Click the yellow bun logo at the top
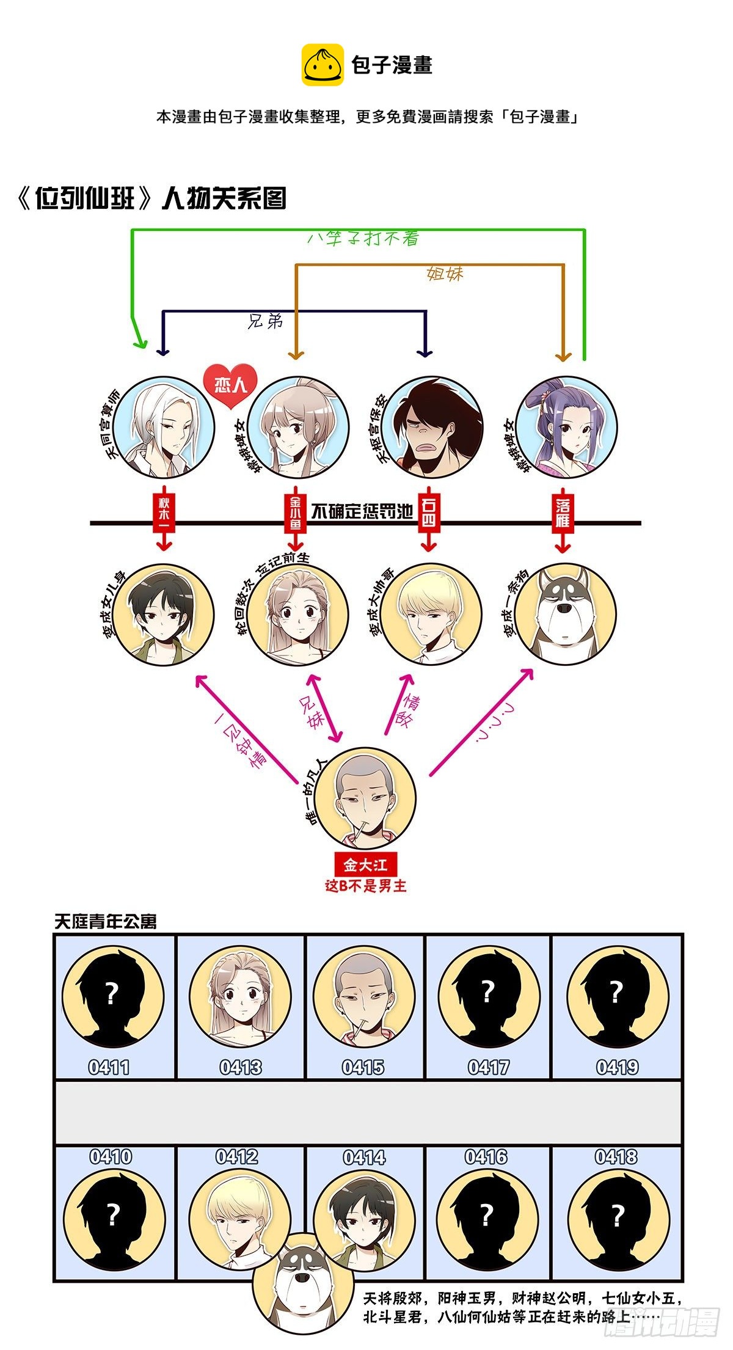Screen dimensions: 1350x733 click(x=323, y=65)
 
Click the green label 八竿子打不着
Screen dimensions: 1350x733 click(x=363, y=238)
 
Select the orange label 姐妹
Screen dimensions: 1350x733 click(x=445, y=274)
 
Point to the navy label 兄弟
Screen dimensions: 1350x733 click(x=266, y=321)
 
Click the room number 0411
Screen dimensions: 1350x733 click(x=109, y=1067)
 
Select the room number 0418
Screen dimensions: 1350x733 click(x=616, y=1156)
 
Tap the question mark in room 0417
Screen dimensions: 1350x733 click(x=487, y=991)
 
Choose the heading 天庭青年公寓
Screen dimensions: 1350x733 click(x=105, y=922)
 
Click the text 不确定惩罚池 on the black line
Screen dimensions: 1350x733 click(x=362, y=512)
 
